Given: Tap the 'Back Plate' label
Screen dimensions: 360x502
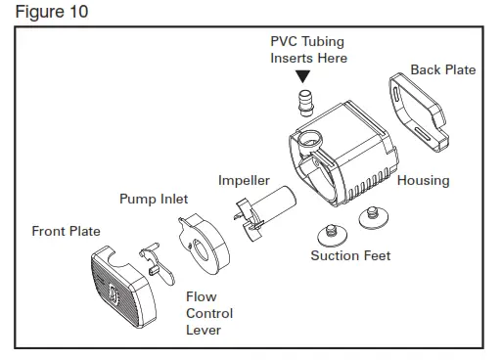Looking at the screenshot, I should (x=443, y=69).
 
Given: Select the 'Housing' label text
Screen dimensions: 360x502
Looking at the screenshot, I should (x=423, y=180).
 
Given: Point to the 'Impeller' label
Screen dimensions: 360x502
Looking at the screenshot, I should (x=244, y=180).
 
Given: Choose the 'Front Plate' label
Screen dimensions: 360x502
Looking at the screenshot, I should (x=66, y=232).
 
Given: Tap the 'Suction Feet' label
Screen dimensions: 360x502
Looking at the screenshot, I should (x=350, y=256).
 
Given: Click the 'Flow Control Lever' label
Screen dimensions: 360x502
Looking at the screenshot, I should (x=209, y=313).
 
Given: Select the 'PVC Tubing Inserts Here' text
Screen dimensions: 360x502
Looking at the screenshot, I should (x=308, y=50).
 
